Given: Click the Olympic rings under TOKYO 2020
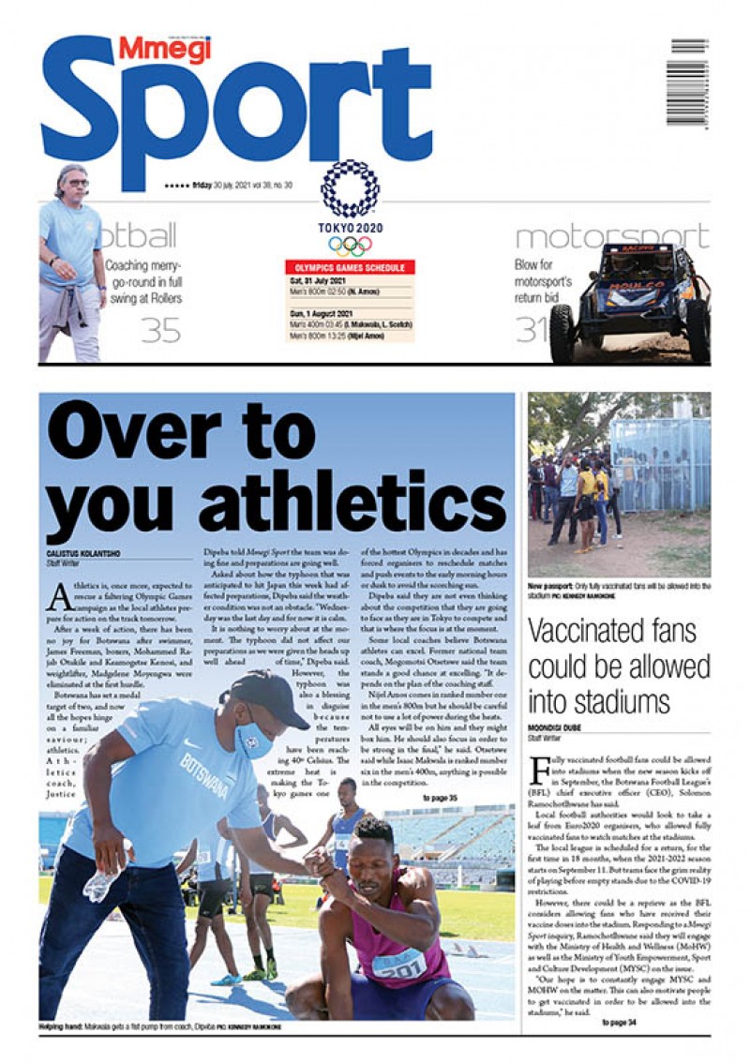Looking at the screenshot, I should [350, 246].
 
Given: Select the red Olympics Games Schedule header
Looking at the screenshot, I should [350, 267].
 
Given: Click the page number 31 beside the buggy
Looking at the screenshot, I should [532, 330].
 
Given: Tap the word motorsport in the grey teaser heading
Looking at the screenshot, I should [612, 237].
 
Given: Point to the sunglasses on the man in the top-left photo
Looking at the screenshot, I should [77, 183].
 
